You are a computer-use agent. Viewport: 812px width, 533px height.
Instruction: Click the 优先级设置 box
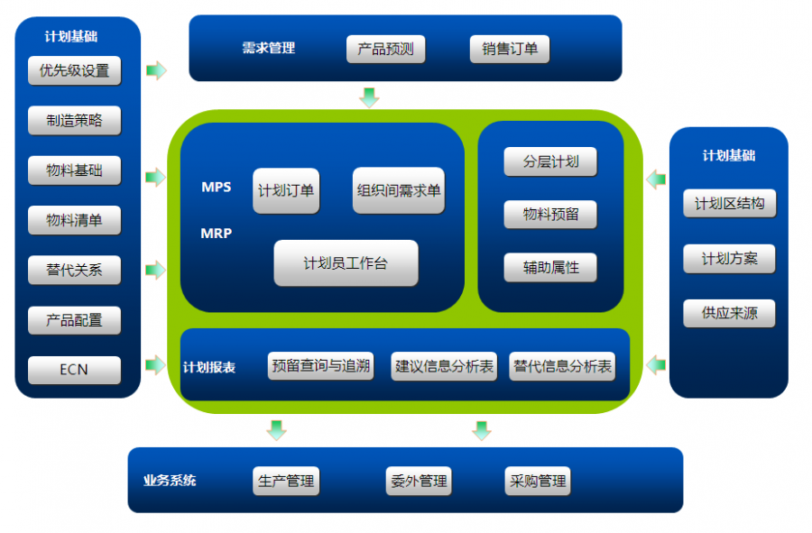coord(74,71)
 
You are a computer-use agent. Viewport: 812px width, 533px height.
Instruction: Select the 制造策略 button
coord(74,121)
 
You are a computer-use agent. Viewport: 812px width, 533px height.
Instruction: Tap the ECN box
coord(74,370)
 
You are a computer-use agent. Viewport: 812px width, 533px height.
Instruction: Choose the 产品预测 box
coord(385,50)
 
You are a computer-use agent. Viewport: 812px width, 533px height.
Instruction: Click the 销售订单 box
coord(509,50)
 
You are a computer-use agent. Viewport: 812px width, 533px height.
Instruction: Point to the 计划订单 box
coord(286,190)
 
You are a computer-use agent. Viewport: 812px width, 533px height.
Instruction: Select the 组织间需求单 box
coord(398,190)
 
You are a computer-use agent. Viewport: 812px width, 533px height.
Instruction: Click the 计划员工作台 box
coord(346,263)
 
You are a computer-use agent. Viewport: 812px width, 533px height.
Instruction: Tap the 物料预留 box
coord(550,215)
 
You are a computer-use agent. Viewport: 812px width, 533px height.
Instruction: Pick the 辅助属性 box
coord(550,268)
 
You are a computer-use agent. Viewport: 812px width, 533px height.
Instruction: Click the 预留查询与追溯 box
coord(320,366)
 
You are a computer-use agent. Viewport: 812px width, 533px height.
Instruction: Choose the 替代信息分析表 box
coord(562,366)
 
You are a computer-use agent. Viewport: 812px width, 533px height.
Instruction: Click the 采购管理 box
coord(538,482)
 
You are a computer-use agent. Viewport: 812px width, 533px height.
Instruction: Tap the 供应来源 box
coord(729,314)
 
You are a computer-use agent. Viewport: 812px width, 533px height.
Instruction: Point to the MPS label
coord(217,188)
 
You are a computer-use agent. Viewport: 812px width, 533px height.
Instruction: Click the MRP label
coord(217,234)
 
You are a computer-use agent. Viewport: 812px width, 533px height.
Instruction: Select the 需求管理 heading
coord(268,49)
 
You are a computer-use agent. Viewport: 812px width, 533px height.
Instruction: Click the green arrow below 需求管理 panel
coord(369,96)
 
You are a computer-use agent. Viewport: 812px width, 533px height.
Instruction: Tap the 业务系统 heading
coord(169,481)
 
